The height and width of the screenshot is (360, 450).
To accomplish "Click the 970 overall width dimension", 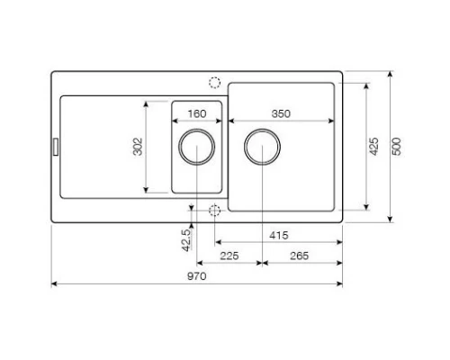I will point(196,276).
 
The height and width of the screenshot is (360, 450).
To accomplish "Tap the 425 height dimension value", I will point(373,147).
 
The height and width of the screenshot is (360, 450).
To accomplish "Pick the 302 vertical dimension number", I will point(138,147).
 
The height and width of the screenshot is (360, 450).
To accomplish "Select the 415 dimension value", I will point(278,235).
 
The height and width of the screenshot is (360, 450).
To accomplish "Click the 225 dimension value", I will point(229,256).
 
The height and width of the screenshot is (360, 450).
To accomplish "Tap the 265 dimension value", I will point(300,256).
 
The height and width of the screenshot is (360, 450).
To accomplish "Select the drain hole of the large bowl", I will point(261,147).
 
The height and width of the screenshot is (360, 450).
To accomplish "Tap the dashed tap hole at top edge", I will point(214,82).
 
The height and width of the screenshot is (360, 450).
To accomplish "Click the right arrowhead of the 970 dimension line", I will point(339,284).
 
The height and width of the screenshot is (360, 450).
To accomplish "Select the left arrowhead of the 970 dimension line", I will point(54,284).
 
